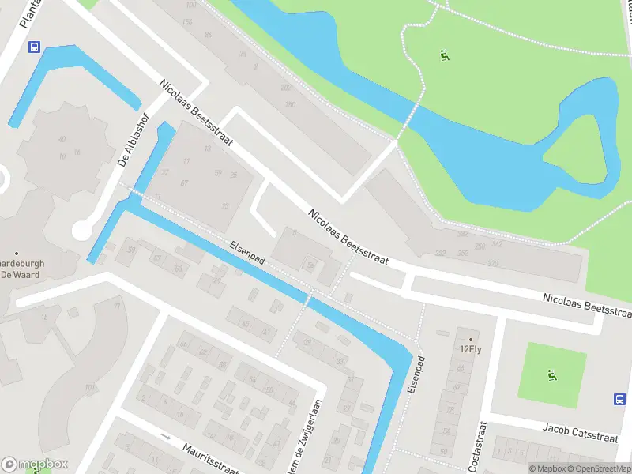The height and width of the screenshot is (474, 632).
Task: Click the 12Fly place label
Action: pos(470,348)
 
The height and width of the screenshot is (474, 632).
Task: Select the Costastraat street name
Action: pos(479,443)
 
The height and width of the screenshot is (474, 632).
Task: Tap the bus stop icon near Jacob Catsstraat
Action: pos(620,399)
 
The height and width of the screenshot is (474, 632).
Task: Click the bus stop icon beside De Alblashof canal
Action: pos(34,47)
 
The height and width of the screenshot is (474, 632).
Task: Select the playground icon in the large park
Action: pos(445,55)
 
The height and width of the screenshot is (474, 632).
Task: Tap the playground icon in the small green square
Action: pos(551,374)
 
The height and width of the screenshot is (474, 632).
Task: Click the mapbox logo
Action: pos(35,465)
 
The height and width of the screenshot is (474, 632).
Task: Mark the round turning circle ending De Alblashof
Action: pos(82,230)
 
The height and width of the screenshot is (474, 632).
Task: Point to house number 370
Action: pos(494,263)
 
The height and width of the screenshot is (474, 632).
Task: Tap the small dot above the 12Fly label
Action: pos(471,337)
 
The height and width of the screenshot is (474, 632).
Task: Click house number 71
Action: pos(117,306)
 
